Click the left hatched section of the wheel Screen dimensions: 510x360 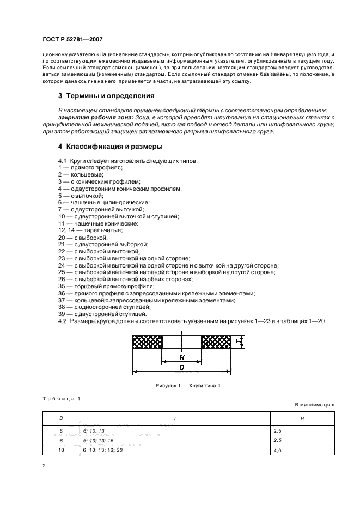click(x=147, y=342)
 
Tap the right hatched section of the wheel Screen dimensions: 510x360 click(x=216, y=342)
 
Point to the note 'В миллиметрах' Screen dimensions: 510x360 click(x=314, y=405)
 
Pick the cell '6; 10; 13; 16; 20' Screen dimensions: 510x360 click(x=103, y=450)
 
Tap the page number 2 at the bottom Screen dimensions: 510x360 click(x=44, y=467)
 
